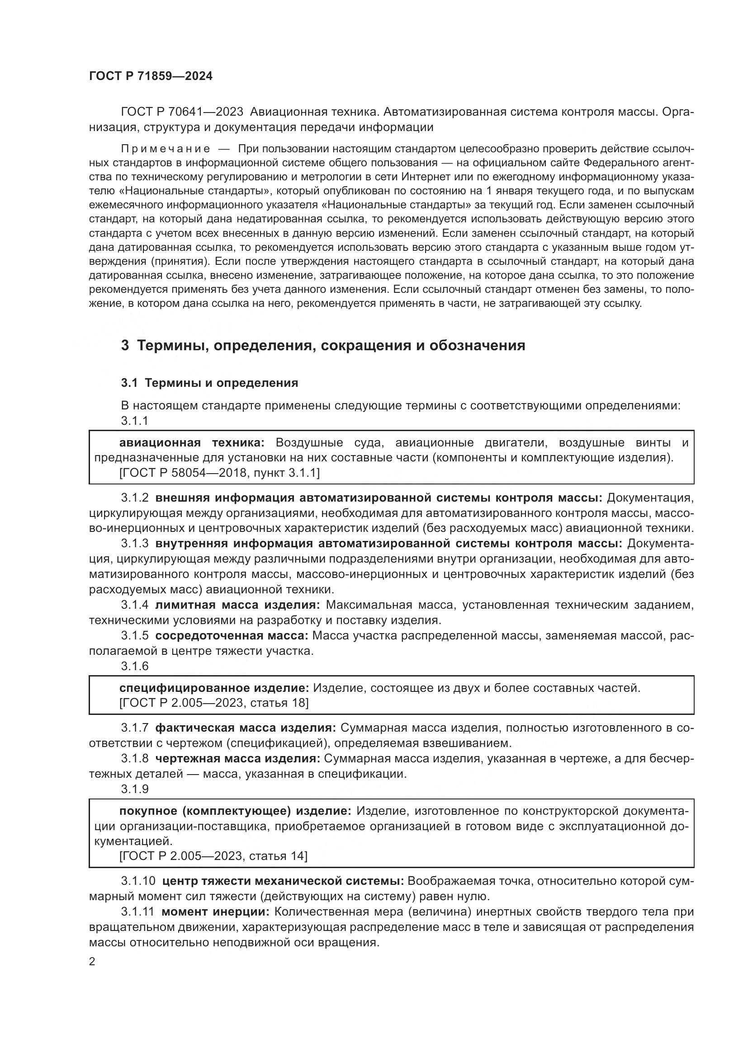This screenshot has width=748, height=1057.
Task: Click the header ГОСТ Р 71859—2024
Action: click(151, 76)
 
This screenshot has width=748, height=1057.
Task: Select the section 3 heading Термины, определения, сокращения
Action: click(322, 345)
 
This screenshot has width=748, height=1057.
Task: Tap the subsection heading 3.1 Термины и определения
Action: click(209, 383)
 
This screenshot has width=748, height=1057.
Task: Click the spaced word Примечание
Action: click(166, 149)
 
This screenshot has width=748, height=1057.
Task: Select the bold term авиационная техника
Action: click(192, 443)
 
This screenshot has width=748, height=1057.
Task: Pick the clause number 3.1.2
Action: click(134, 498)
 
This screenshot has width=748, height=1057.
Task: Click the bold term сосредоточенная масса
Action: click(232, 636)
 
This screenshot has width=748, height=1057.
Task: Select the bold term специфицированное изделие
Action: click(214, 688)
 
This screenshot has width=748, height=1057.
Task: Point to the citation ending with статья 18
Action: click(214, 703)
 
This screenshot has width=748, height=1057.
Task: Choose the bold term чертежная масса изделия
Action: click(238, 759)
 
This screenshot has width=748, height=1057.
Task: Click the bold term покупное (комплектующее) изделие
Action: click(235, 811)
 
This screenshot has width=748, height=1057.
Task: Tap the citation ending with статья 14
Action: click(213, 856)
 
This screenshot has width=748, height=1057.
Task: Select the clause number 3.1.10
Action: click(138, 881)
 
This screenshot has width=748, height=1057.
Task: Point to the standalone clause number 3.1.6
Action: click(134, 666)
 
